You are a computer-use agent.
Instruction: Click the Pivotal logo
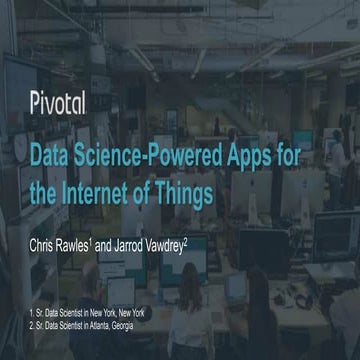57,101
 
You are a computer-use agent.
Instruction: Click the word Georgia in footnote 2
144,326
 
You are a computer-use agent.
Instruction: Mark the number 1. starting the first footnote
32,316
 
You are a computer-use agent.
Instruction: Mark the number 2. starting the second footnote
32,326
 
